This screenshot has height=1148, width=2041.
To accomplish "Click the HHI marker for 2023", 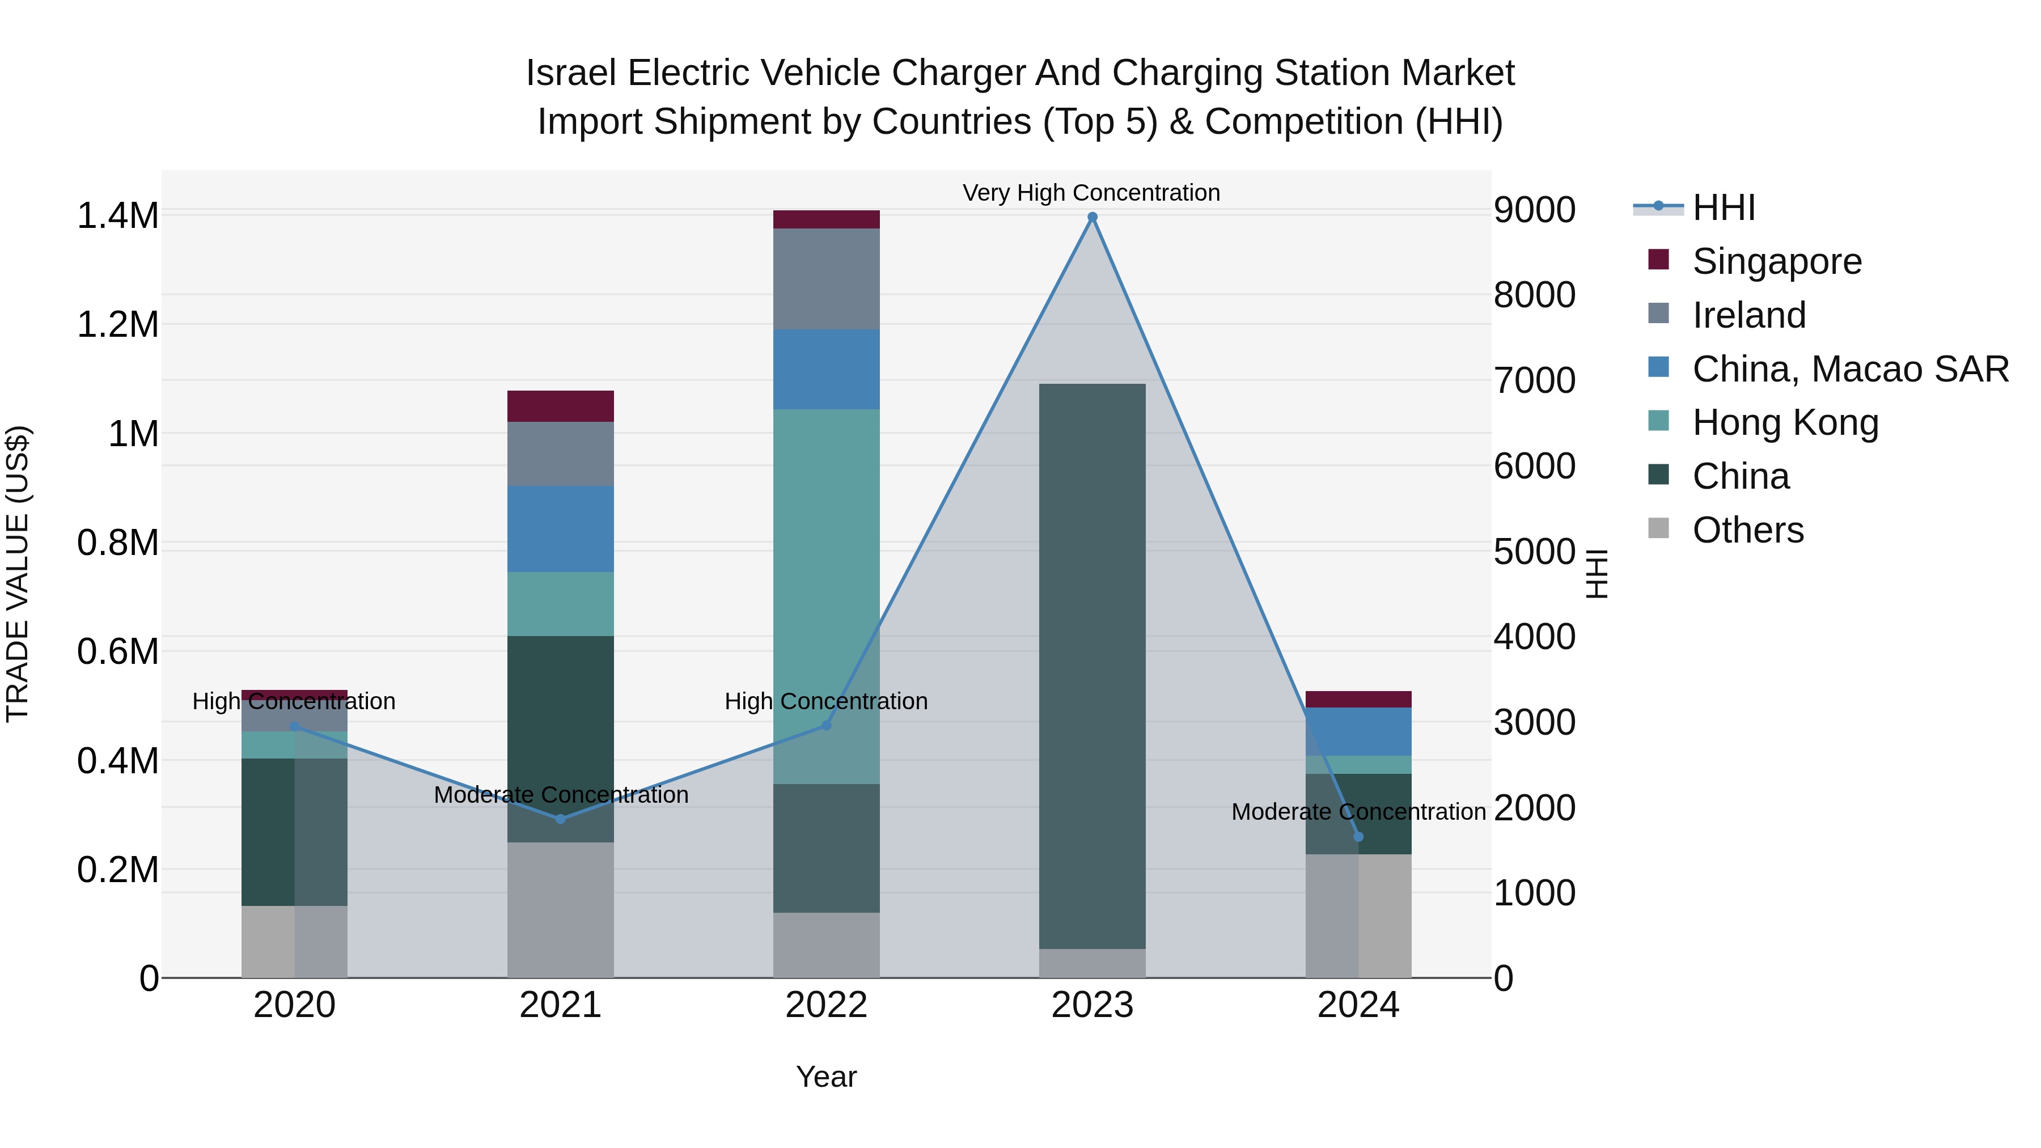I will point(1092,217).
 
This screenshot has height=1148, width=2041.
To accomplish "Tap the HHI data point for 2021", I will point(560,819).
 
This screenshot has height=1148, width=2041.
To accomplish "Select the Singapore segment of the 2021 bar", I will point(560,406).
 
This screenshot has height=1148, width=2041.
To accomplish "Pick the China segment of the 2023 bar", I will point(1092,666).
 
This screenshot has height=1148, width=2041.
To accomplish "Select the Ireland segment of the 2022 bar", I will point(827,279).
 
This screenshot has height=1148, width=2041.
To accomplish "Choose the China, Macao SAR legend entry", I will point(1849,369).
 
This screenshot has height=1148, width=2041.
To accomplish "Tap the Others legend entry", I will point(1747,530).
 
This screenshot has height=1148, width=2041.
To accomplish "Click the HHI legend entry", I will point(1724,207).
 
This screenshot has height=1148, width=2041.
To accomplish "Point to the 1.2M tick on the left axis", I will point(117,325).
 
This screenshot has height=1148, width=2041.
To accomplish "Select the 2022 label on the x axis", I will point(827,1005).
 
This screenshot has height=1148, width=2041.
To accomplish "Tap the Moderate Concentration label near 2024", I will point(1358,812).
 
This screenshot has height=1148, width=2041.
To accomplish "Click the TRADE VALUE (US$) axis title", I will point(18,574).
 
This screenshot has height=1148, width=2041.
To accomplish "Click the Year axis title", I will point(827,1077).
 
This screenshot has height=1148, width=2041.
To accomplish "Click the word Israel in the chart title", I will point(570,73).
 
